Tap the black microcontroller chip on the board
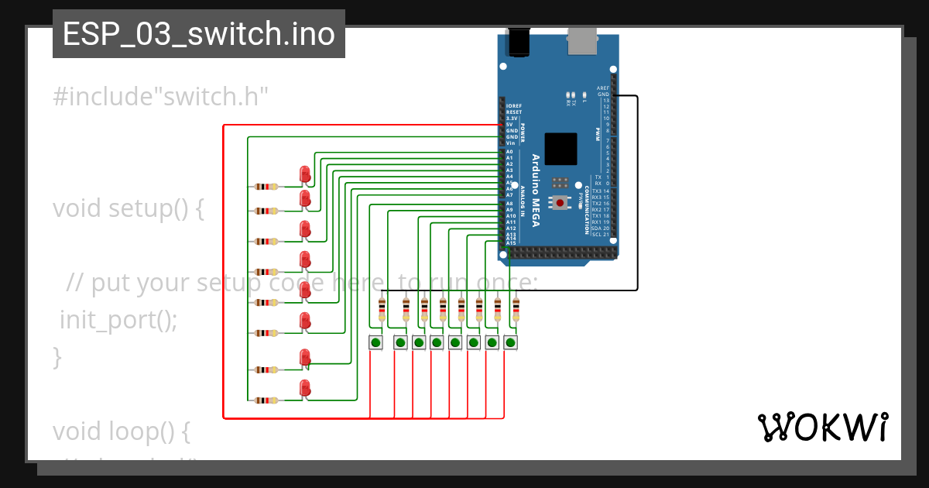[x=560, y=149]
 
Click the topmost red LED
[x=305, y=174]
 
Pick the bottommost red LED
[x=305, y=389]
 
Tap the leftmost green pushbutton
[x=376, y=342]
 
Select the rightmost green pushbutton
[x=510, y=342]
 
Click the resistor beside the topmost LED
[x=266, y=186]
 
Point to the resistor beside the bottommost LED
[x=266, y=400]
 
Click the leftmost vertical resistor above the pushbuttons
[x=382, y=310]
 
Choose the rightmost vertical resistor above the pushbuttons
[x=516, y=310]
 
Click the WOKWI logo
[x=822, y=428]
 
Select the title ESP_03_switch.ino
[x=199, y=34]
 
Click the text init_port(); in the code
[x=118, y=319]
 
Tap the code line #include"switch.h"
[x=160, y=97]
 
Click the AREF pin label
[x=603, y=88]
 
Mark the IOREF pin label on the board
[x=513, y=106]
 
